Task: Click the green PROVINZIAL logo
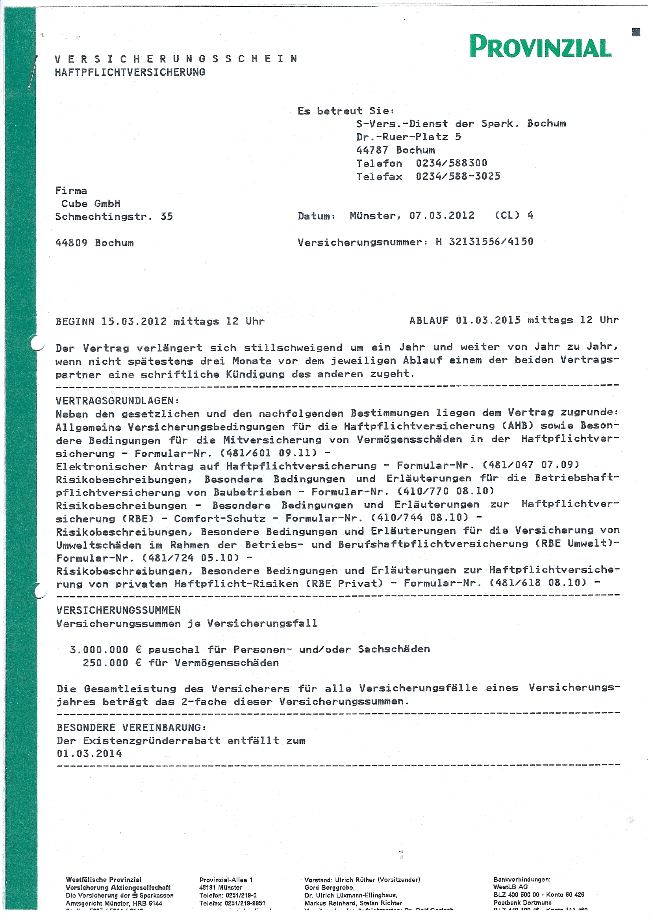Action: [541, 47]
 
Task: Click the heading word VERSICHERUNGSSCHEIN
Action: [176, 59]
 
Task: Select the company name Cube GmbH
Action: [91, 204]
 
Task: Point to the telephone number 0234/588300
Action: [451, 163]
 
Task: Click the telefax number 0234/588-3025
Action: [458, 176]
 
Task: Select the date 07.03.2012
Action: [442, 216]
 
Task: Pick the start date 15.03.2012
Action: [134, 321]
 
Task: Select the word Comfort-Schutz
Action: [220, 518]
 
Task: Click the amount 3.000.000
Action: [99, 650]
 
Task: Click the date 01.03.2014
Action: [89, 754]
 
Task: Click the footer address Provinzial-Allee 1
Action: [226, 880]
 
